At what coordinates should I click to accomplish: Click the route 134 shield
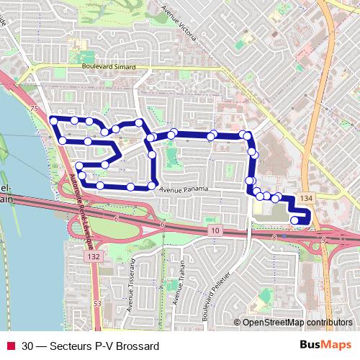click(307, 198)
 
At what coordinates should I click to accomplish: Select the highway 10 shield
click(215, 230)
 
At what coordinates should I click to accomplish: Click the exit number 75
click(33, 108)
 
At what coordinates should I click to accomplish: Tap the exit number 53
click(96, 305)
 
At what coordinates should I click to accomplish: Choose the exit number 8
click(274, 237)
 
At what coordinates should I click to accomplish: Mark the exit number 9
click(323, 240)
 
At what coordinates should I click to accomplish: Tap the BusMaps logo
click(325, 345)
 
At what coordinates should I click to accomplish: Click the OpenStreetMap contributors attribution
click(297, 322)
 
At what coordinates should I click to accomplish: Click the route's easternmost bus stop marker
click(294, 220)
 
